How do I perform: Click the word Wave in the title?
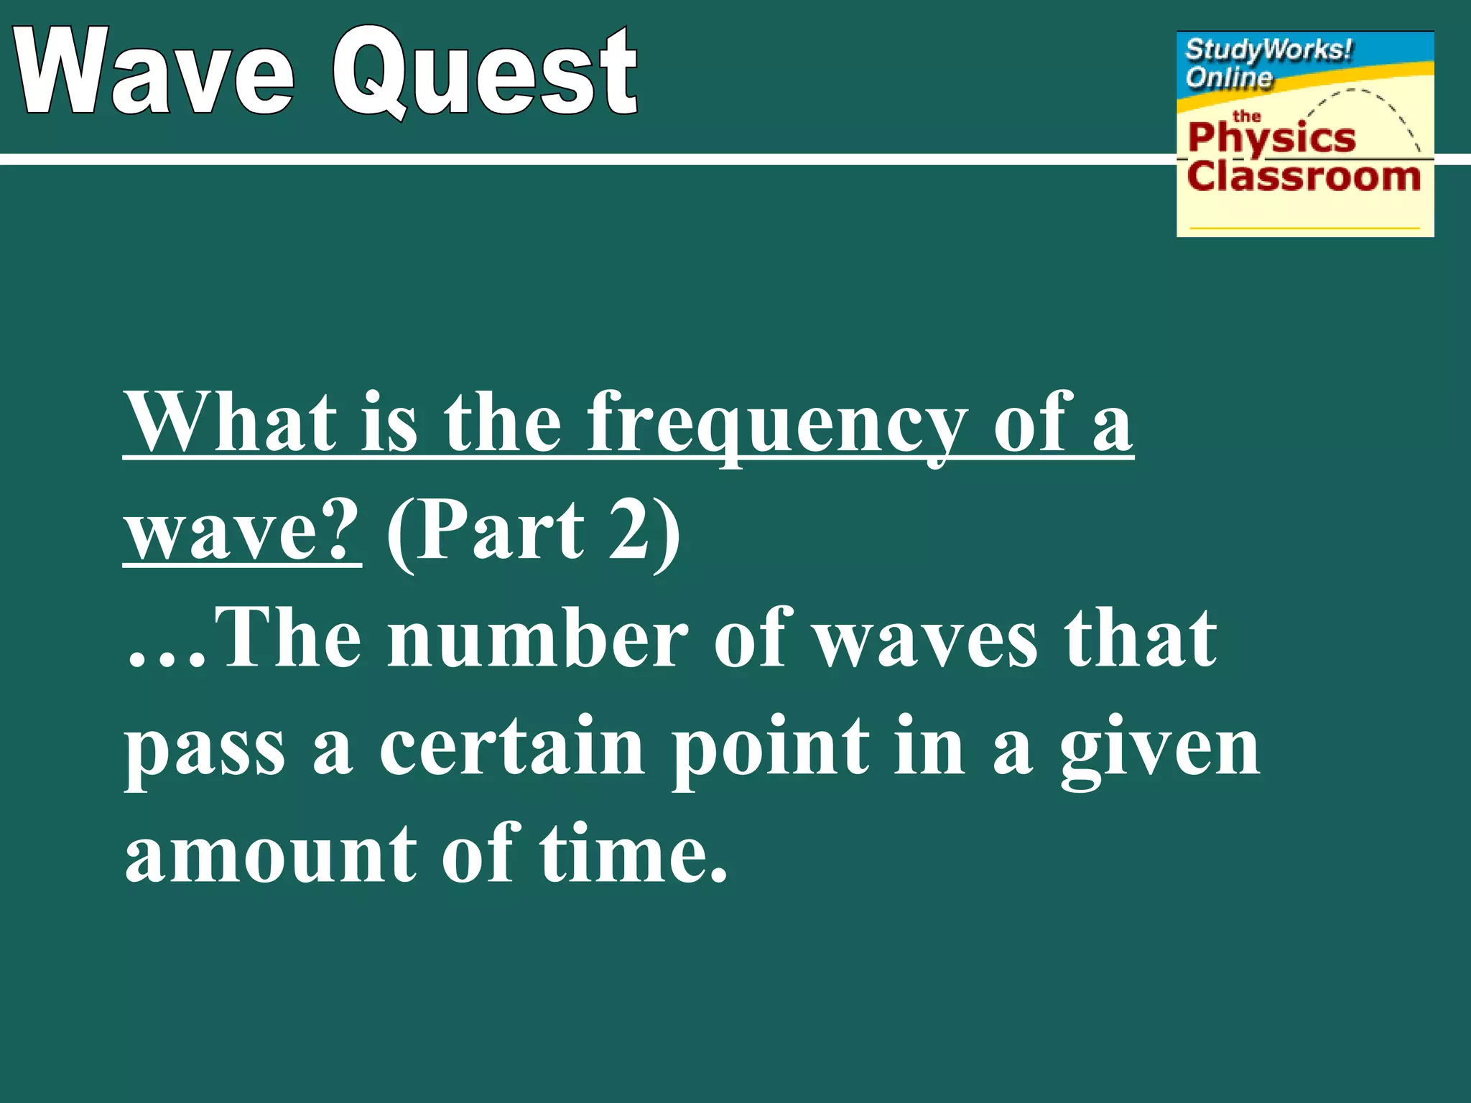pos(154,72)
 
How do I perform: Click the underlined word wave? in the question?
pos(242,531)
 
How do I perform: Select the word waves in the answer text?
pos(927,639)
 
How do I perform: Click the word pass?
pos(205,750)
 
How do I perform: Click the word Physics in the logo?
pos(1271,139)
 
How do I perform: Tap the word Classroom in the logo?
pos(1304,176)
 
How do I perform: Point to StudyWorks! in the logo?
pos(1268,50)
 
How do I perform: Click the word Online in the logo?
pos(1229,77)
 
